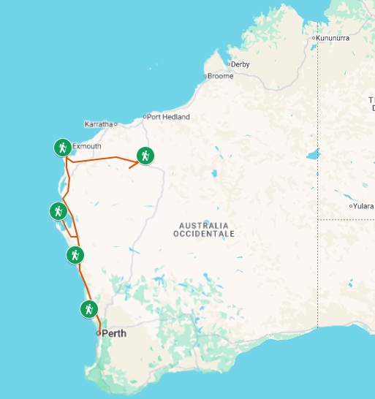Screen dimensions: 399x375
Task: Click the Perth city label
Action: [x=114, y=333]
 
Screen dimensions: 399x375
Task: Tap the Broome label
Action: [x=221, y=76]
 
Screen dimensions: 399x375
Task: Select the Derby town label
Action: [x=240, y=64]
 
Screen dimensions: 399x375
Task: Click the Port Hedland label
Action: [x=169, y=117]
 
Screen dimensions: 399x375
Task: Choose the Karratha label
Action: [x=98, y=123]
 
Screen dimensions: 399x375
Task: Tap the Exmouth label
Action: [x=86, y=146]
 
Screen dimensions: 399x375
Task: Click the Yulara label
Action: [x=363, y=206]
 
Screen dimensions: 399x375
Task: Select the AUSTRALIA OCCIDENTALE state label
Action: [x=204, y=229]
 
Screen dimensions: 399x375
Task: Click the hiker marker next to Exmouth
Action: [x=63, y=148]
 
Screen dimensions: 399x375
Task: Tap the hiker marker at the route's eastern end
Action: [x=145, y=155]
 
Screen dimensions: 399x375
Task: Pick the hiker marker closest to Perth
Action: [x=88, y=309]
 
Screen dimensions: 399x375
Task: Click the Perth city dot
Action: [x=98, y=333]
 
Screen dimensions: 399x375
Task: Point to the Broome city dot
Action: [x=205, y=76]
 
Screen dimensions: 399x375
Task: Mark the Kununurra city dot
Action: [x=313, y=37]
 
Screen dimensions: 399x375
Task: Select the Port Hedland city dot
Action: [x=145, y=117]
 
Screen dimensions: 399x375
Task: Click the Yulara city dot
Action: [x=351, y=206]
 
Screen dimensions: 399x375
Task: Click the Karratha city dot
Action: [x=115, y=123]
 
